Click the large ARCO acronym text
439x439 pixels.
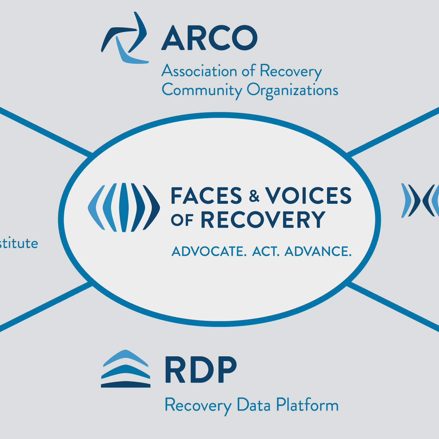pos(209,38)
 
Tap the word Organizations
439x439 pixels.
pos(292,90)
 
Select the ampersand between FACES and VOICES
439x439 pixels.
pos(254,196)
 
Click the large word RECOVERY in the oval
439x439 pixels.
pos(263,219)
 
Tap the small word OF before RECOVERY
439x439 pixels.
pos(182,220)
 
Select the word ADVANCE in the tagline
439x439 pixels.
pos(318,251)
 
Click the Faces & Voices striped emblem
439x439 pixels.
pos(124,207)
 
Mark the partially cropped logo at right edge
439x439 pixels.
pos(421,200)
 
